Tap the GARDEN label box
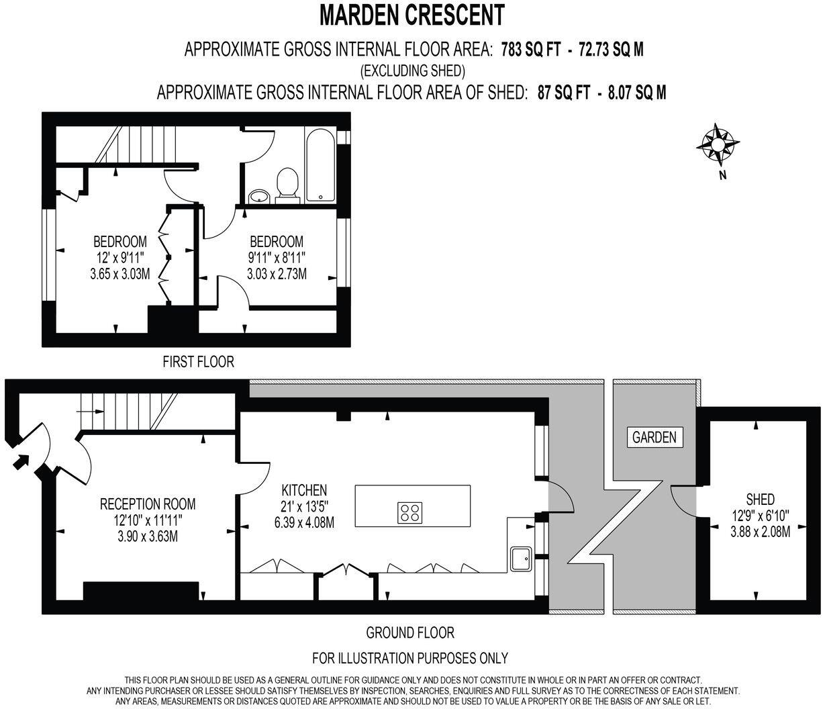click(655, 437)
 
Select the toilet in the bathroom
click(287, 184)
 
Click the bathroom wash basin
click(259, 197)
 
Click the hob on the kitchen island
click(409, 513)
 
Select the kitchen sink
click(521, 558)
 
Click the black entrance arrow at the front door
click(21, 461)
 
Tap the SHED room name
click(760, 500)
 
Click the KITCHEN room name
click(304, 490)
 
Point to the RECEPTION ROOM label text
click(148, 504)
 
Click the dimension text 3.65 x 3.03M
click(119, 273)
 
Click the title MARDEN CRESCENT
click(411, 14)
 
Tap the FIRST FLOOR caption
click(199, 362)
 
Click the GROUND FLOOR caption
click(410, 632)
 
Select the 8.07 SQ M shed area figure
click(636, 93)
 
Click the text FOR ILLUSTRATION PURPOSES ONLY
click(410, 657)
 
